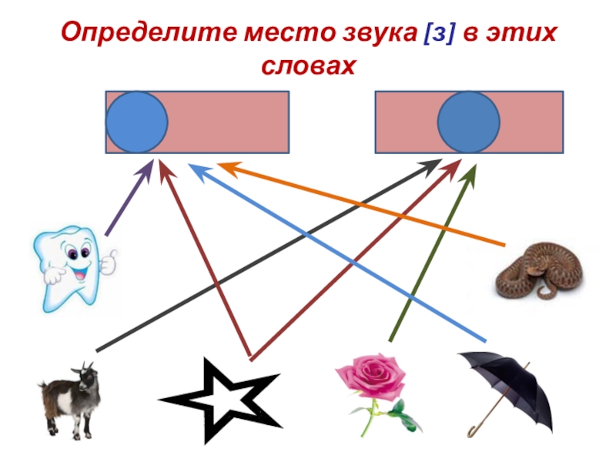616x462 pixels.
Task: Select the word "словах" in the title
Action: click(x=308, y=65)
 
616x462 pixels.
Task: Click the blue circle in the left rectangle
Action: click(x=136, y=122)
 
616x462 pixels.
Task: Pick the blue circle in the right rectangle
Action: click(x=469, y=122)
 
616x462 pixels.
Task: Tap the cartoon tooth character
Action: click(x=68, y=266)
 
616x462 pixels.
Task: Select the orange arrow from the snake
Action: click(x=362, y=204)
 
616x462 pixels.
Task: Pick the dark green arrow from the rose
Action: click(x=431, y=254)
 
